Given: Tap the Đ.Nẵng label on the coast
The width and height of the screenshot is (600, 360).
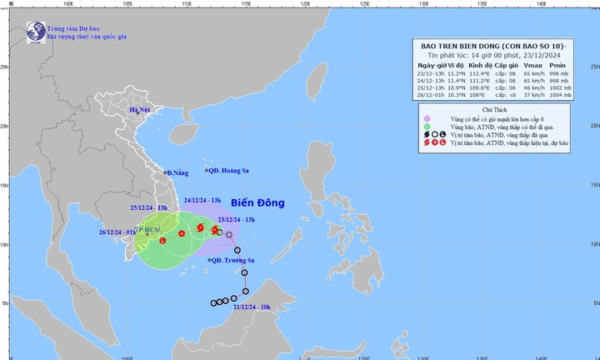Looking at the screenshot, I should (x=178, y=172).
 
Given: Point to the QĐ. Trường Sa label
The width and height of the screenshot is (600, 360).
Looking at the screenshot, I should (x=230, y=261).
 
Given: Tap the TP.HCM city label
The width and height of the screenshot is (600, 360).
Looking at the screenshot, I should (x=150, y=227).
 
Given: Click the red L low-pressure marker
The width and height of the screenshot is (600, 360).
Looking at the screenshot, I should (x=162, y=241).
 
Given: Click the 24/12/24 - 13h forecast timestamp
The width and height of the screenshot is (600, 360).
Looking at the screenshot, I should (x=202, y=201).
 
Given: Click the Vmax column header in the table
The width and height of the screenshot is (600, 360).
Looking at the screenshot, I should (x=532, y=65).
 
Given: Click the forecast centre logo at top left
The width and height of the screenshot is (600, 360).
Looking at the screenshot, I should (x=34, y=33).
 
